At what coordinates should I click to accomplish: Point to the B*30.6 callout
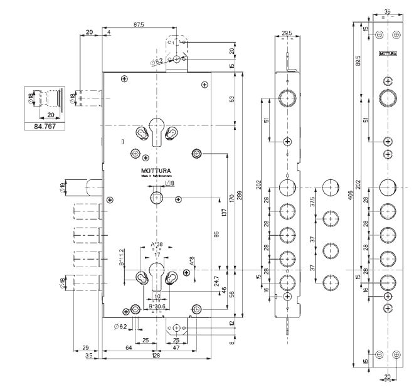157,307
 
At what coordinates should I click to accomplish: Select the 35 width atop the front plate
387,11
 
